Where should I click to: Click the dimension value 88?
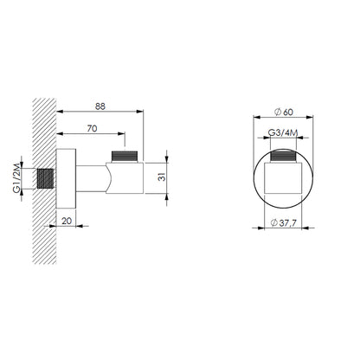point(100,106)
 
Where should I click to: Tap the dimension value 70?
point(92,128)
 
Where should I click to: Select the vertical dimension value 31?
point(163,177)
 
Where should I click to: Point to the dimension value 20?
point(67,221)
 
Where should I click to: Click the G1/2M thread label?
point(16,177)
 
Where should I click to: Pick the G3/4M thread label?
point(283,132)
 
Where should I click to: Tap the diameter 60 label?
point(284,112)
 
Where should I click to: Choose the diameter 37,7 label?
point(284,223)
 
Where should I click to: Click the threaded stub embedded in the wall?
point(45,179)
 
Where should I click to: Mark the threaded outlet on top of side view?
point(125,157)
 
